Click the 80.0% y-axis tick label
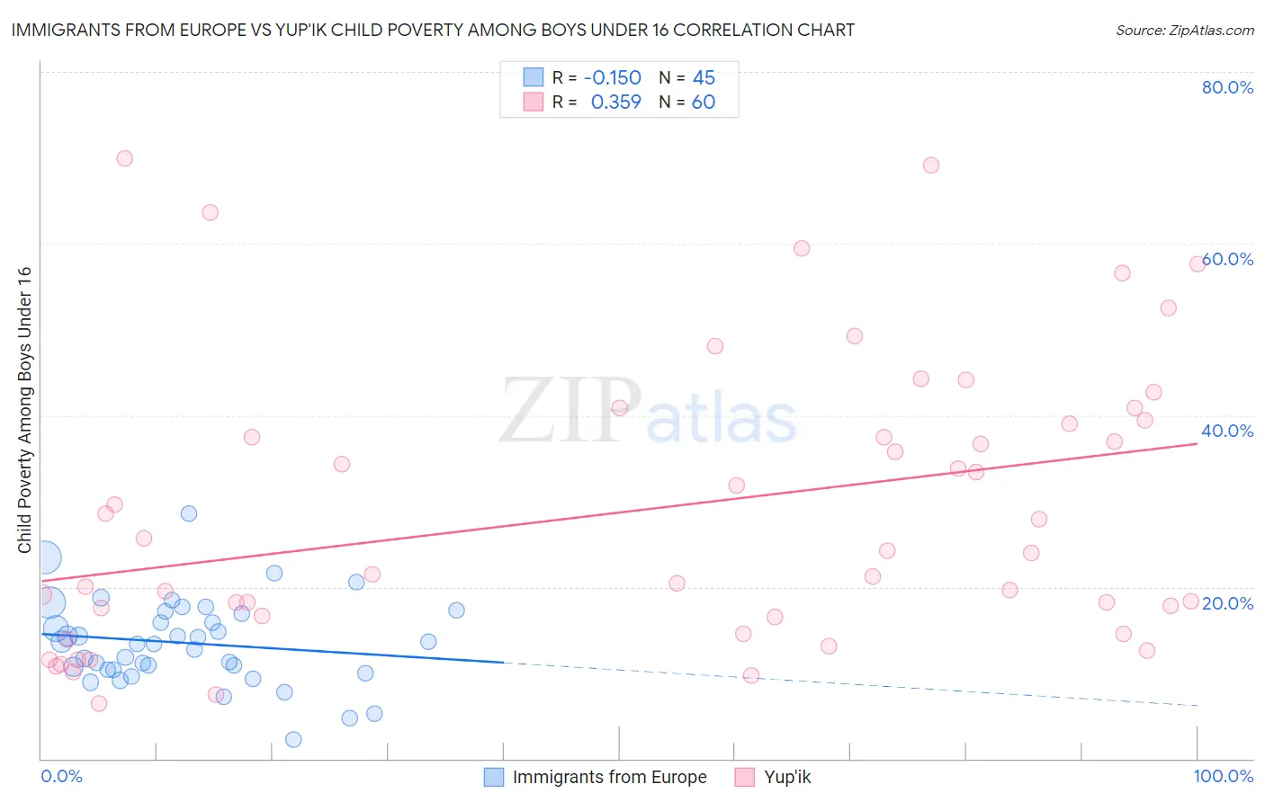(x=1227, y=87)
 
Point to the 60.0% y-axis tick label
(x=1227, y=259)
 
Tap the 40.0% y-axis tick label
(x=1227, y=431)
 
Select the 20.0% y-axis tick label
(x=1227, y=603)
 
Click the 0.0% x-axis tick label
(x=61, y=776)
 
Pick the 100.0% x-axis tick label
(x=1223, y=776)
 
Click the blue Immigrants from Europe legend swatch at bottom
(x=493, y=777)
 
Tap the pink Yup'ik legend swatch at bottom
(x=744, y=777)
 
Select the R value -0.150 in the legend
(x=613, y=78)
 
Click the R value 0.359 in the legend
(x=615, y=102)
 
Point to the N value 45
(x=704, y=78)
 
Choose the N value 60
(x=704, y=102)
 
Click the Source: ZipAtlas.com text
(x=1184, y=31)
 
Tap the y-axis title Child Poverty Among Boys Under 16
(x=25, y=410)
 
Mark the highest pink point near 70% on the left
(x=125, y=158)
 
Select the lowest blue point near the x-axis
(x=293, y=740)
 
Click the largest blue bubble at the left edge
(x=45, y=557)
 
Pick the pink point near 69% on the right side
(x=931, y=165)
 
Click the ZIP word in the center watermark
(x=570, y=411)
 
